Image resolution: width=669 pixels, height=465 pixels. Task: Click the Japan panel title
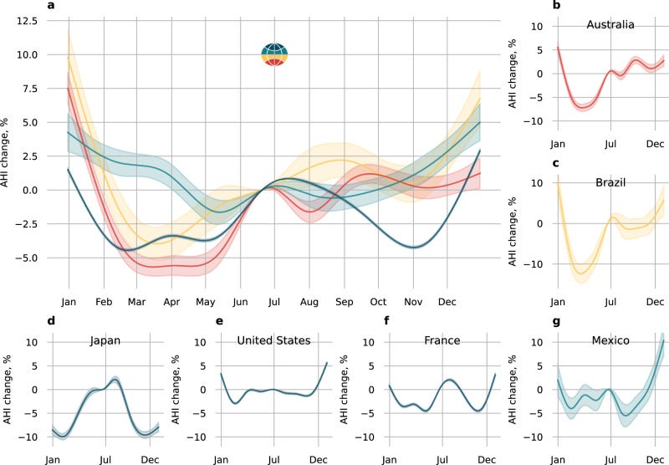click(105, 341)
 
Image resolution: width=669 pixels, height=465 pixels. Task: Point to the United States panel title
click(273, 341)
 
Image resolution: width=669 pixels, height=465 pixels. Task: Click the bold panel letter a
click(52, 6)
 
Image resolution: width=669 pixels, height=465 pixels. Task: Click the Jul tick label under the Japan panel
click(105, 457)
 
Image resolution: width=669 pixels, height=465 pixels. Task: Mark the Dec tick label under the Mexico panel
click(653, 457)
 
